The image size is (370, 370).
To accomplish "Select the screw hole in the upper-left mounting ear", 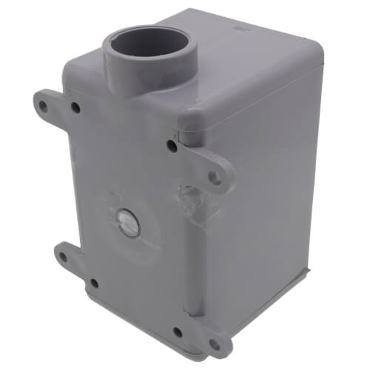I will (x=44, y=106).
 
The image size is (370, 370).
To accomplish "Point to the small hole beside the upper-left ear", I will (x=75, y=108).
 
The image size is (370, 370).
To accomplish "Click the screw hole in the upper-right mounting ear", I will (x=214, y=177).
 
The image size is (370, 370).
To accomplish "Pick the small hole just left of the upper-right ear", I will (x=172, y=144).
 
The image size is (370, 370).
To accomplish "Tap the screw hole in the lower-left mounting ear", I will (x=64, y=258).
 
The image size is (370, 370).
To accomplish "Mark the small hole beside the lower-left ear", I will (x=93, y=283).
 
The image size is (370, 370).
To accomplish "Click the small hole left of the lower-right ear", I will (x=178, y=332).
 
